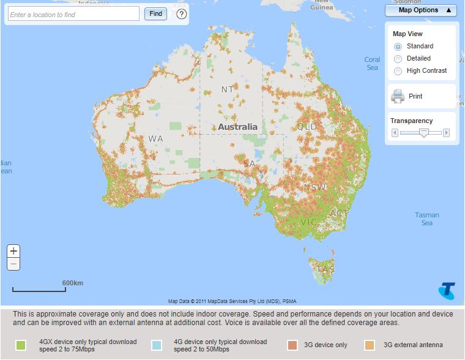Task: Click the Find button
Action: coord(155,13)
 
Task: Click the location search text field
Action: coord(74,14)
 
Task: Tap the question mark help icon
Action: coord(182,14)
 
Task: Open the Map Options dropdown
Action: coord(421,10)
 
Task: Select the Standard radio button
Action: coord(398,47)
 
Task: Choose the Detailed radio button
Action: coord(398,59)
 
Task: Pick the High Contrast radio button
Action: coord(398,71)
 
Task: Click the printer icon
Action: coord(398,96)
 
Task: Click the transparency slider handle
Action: coord(423,132)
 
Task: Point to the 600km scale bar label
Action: coord(72,283)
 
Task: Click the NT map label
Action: coord(227,89)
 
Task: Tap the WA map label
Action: coord(155,139)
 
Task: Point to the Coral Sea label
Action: coord(372,64)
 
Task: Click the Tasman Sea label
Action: coord(426,219)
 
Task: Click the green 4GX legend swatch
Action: coord(21,345)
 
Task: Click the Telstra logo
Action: coord(447,291)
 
